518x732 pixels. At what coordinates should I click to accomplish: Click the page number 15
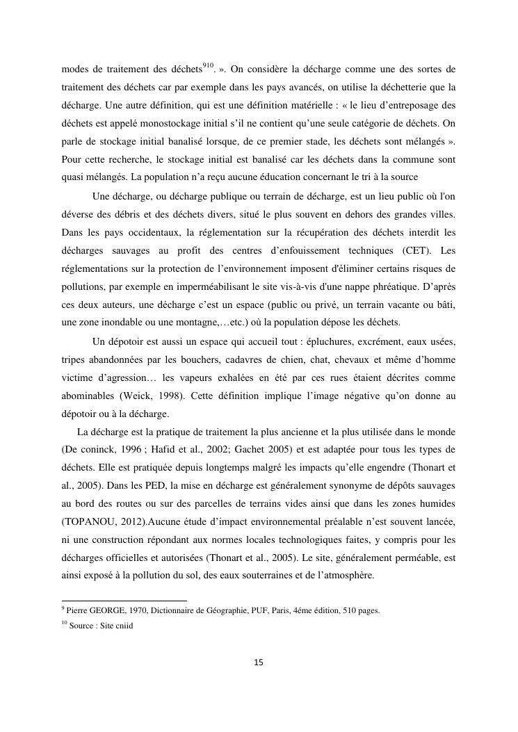click(259, 662)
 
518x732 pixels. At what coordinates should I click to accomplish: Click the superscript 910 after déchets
click(208, 66)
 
